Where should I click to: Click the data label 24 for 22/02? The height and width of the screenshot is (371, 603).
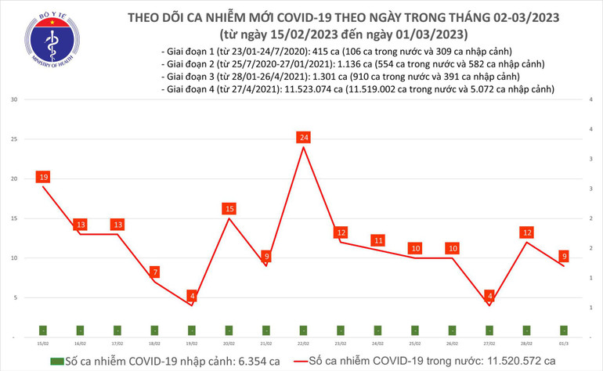304,138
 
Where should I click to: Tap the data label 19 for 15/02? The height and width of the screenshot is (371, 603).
43,177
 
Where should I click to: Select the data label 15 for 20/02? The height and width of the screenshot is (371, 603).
229,209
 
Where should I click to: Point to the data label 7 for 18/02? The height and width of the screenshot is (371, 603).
154,272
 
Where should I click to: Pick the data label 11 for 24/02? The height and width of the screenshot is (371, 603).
378,240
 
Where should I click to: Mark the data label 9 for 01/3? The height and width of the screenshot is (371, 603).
565,256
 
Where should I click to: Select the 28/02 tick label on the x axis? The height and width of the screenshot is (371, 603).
527,343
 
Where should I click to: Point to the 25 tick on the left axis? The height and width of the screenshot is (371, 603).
14,139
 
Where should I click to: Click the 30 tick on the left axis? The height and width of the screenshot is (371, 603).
14,100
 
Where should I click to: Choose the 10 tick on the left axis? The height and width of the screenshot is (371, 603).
14,258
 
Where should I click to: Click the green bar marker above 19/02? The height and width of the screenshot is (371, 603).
192,330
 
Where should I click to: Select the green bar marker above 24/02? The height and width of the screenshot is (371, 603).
378,330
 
